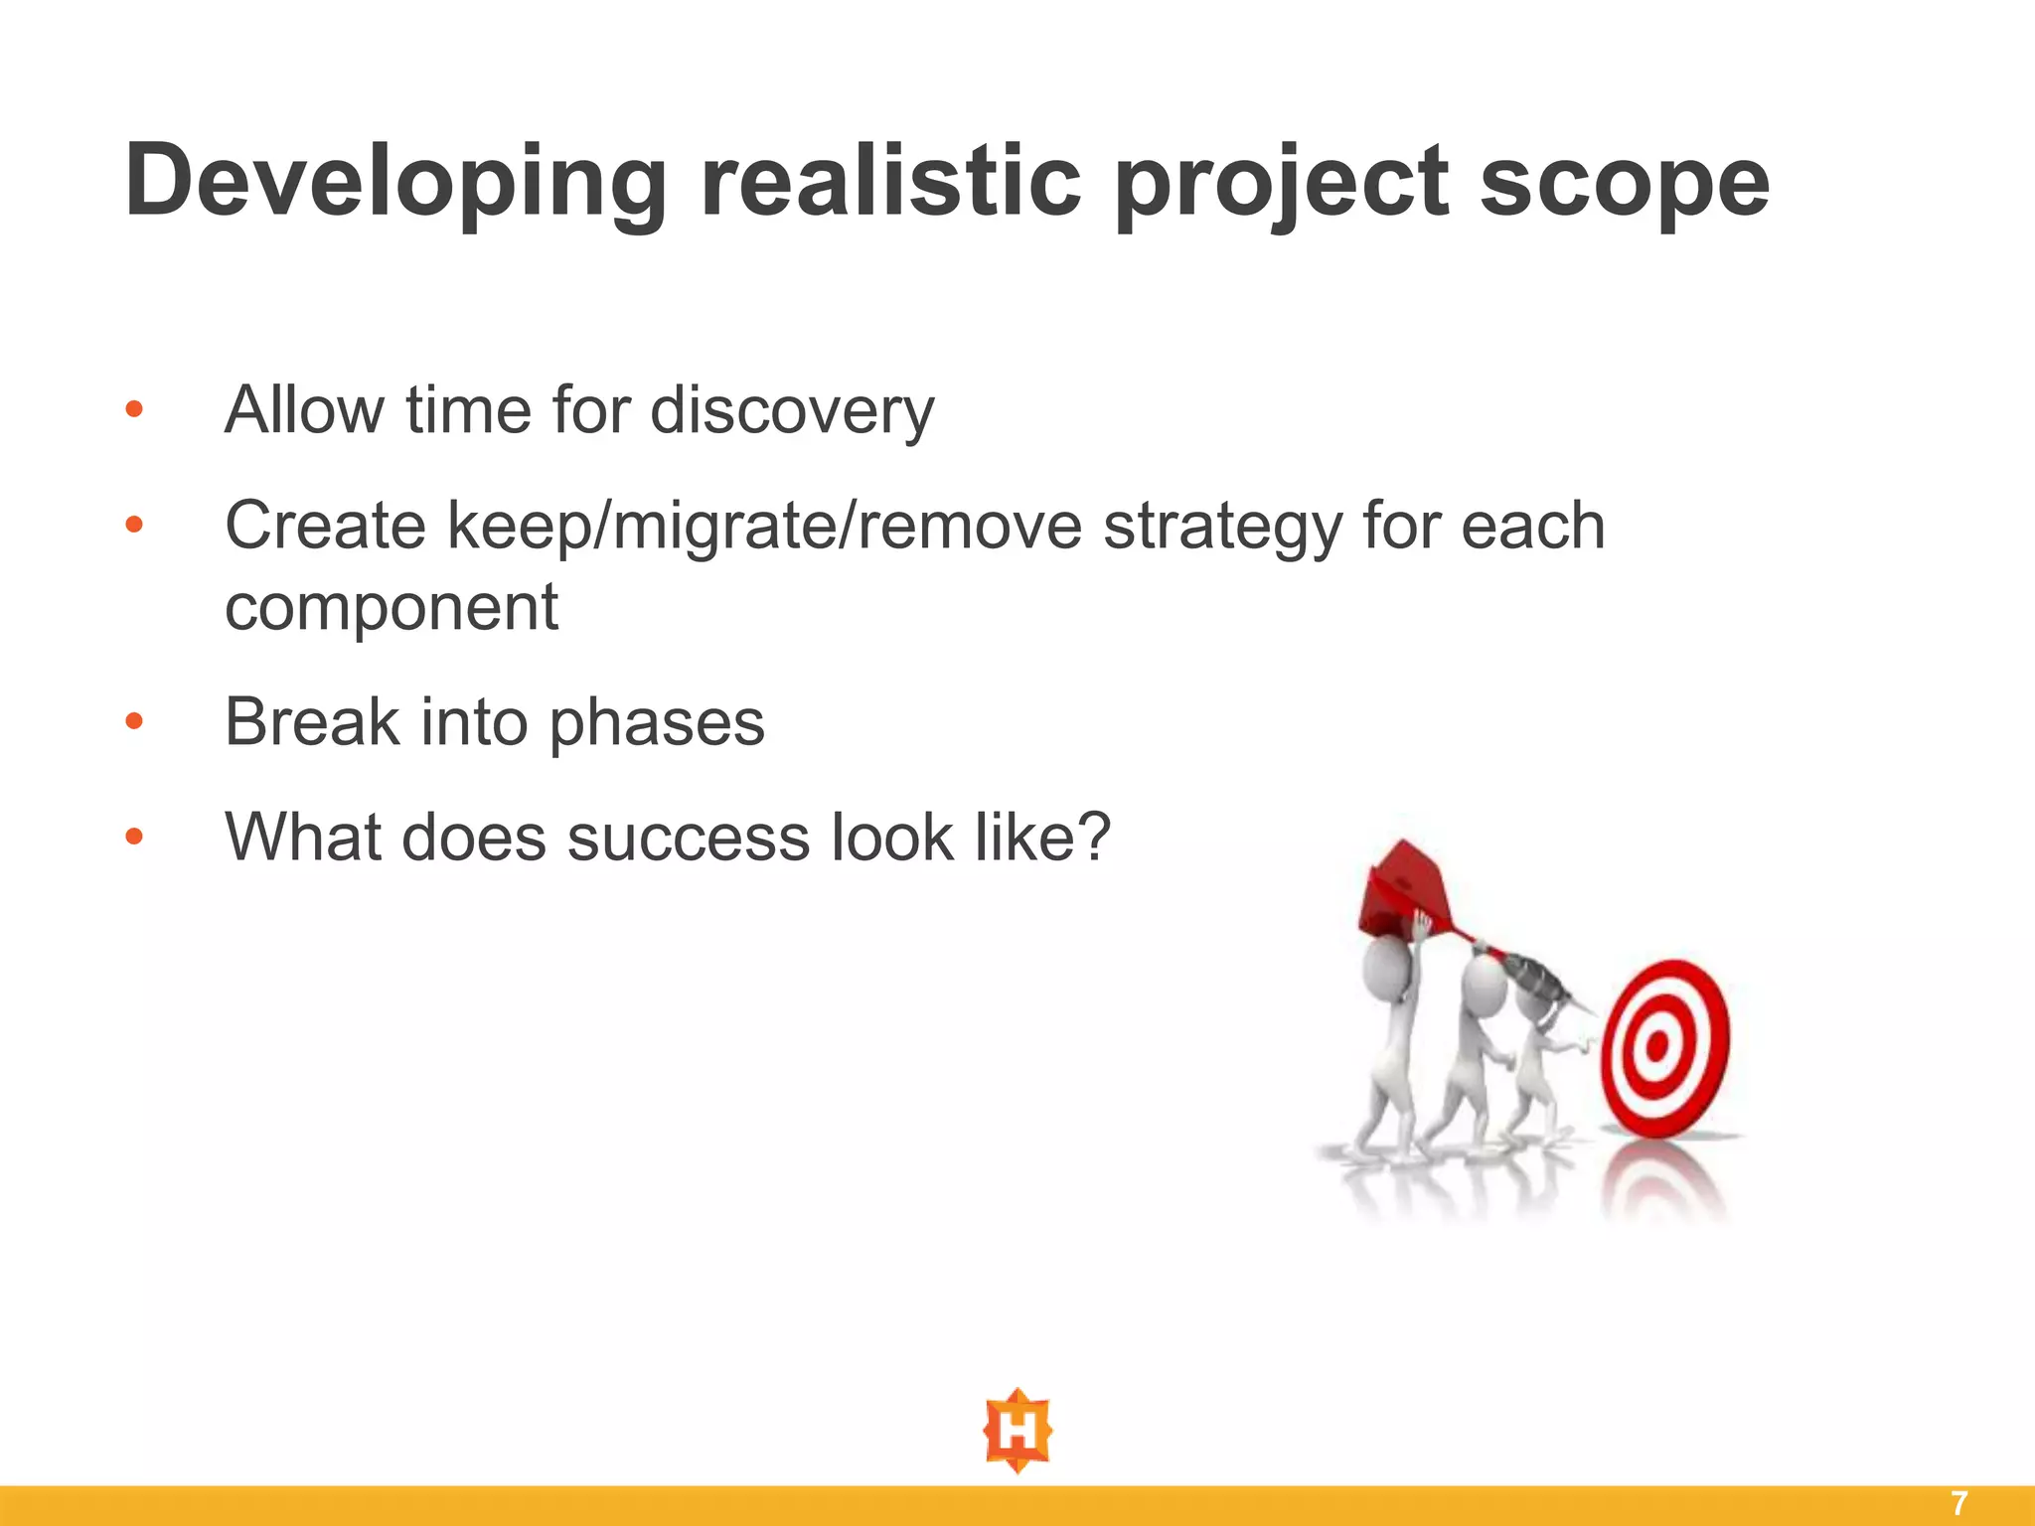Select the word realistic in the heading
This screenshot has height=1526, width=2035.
click(x=890, y=182)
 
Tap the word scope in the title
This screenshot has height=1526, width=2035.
click(x=1624, y=182)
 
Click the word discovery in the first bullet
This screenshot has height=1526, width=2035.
click(x=792, y=409)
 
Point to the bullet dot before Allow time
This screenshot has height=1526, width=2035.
click(x=134, y=409)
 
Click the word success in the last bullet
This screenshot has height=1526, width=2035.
click(x=688, y=837)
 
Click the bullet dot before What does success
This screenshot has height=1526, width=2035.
click(x=134, y=837)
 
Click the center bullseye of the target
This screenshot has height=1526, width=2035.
click(x=1656, y=1046)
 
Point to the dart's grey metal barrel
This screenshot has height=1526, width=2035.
click(x=1535, y=978)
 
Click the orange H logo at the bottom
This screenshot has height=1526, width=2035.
click(x=1017, y=1431)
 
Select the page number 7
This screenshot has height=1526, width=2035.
click(x=1958, y=1503)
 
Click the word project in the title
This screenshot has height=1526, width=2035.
click(x=1282, y=182)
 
